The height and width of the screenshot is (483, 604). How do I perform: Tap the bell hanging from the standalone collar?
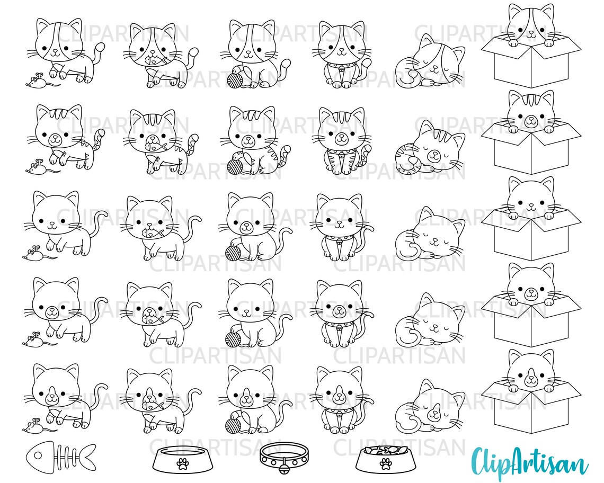(x=284, y=466)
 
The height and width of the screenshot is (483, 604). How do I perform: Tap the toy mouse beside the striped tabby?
(x=37, y=166)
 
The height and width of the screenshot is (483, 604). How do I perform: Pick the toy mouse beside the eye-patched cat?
(x=37, y=81)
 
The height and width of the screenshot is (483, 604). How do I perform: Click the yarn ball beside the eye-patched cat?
(x=235, y=80)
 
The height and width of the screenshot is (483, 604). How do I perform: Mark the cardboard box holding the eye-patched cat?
(x=530, y=66)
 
